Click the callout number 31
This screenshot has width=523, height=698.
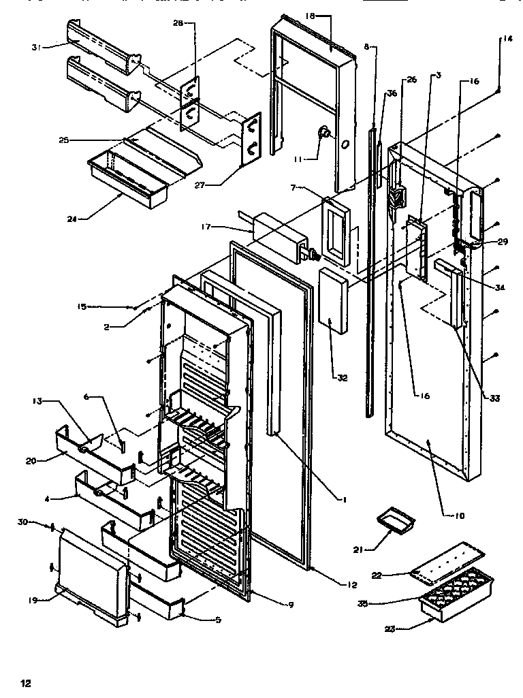click(x=35, y=47)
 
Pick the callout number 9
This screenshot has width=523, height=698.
click(x=290, y=604)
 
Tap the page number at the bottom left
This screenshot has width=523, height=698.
click(x=25, y=682)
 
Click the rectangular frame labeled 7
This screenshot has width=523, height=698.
click(x=338, y=231)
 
